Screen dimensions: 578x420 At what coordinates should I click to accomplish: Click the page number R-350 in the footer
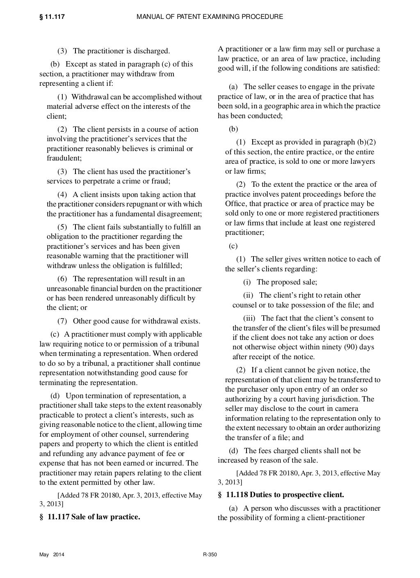(x=210, y=555)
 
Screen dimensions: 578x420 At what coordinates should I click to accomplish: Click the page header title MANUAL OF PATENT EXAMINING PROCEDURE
(x=210, y=17)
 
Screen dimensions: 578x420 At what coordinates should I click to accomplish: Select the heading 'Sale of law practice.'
(x=105, y=516)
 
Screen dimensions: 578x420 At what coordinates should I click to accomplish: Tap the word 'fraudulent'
(x=64, y=158)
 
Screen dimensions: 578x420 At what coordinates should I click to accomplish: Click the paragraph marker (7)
(x=62, y=321)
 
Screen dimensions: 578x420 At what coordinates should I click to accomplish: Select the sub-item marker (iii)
(x=249, y=318)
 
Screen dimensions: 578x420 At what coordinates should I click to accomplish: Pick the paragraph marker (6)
(x=62, y=279)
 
